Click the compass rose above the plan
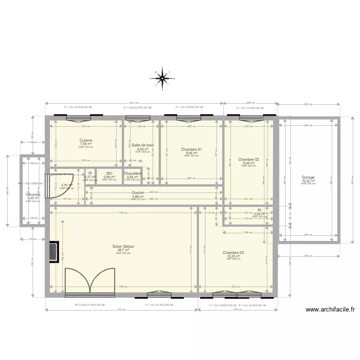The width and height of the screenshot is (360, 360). [x=162, y=77]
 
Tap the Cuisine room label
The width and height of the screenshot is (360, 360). [x=86, y=140]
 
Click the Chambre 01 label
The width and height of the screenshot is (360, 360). [x=192, y=149]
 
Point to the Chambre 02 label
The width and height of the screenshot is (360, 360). [x=249, y=159]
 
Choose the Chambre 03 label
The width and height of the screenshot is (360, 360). [x=233, y=252]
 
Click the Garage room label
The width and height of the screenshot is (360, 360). [x=308, y=177]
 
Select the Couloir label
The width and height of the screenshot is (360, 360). [x=138, y=192]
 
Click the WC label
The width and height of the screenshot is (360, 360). [x=109, y=173]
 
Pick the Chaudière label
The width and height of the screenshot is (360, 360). [x=132, y=173]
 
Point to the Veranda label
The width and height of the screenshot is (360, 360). [x=33, y=194]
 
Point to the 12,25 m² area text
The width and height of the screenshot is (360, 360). [x=233, y=256]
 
